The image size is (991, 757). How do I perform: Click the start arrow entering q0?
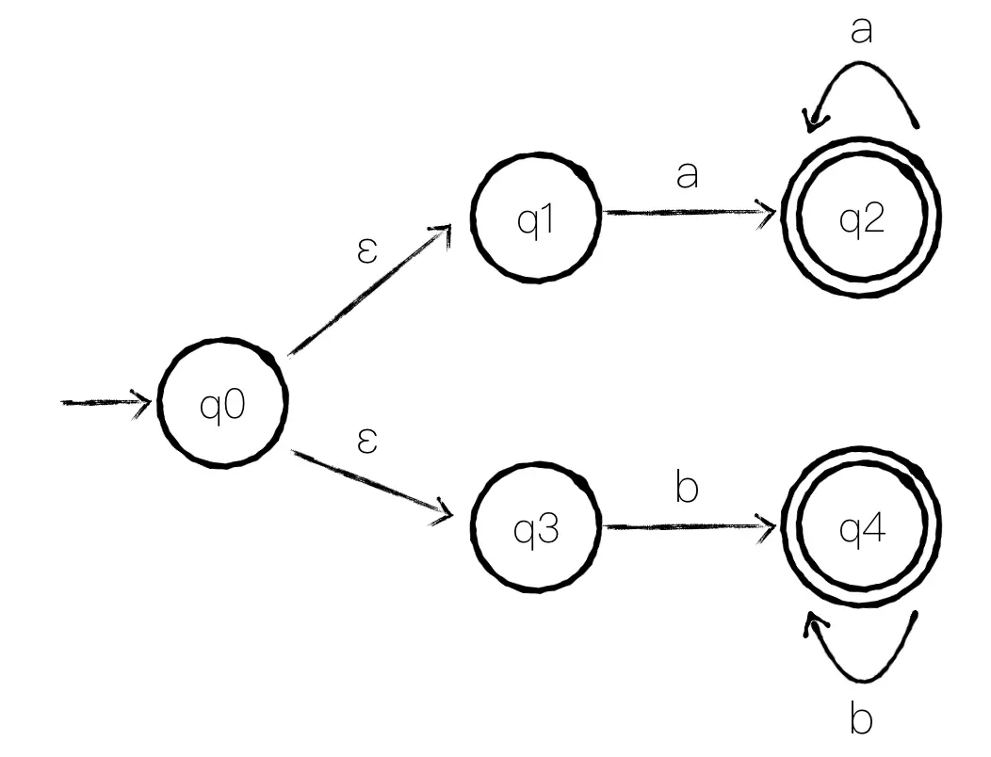(x=106, y=402)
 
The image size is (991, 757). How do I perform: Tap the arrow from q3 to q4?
(x=689, y=525)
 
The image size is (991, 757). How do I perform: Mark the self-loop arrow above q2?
(x=861, y=62)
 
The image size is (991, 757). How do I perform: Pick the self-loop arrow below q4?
(x=862, y=681)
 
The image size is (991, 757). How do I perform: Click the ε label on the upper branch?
(x=367, y=250)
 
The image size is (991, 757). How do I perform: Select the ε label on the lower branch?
(x=367, y=441)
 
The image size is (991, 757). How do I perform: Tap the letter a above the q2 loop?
(x=861, y=30)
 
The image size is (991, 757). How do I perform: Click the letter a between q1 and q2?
(x=687, y=175)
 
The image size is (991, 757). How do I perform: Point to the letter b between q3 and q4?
(x=687, y=487)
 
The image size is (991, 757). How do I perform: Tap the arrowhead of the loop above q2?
(x=813, y=121)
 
